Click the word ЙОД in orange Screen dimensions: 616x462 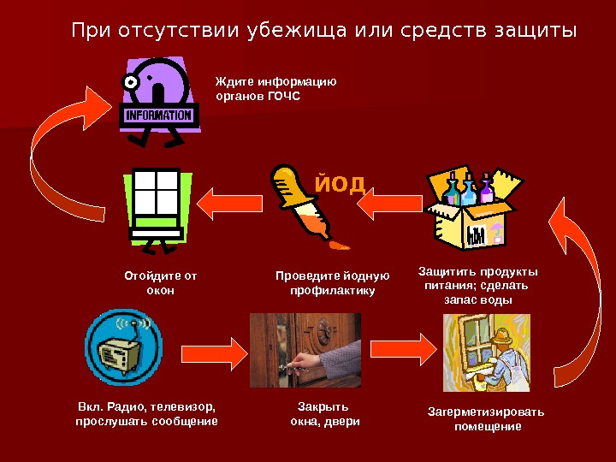pyautogui.click(x=340, y=183)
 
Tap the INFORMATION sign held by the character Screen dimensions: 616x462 pyautogui.click(x=158, y=115)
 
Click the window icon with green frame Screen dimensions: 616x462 pyautogui.click(x=155, y=206)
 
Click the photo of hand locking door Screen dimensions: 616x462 pyautogui.click(x=305, y=350)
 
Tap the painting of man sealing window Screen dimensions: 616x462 pyautogui.click(x=486, y=352)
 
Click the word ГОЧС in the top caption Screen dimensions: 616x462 pyautogui.click(x=284, y=97)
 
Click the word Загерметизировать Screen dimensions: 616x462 pyautogui.click(x=485, y=412)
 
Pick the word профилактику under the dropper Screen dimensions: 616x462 pyautogui.click(x=332, y=291)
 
